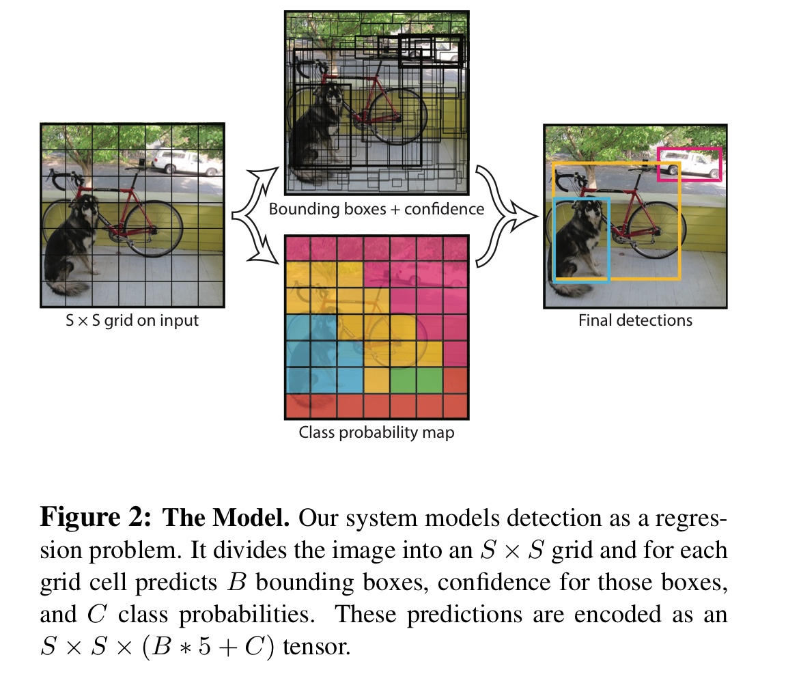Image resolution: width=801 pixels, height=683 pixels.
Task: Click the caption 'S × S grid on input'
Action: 132,320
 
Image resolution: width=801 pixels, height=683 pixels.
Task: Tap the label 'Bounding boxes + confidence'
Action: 376,209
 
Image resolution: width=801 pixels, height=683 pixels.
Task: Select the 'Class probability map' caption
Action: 376,432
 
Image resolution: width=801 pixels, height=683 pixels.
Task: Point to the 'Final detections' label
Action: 635,320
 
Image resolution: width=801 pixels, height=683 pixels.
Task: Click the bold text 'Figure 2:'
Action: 96,518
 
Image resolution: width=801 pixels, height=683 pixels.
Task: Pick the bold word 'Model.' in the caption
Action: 251,518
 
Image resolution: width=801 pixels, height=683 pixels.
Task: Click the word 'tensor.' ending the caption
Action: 317,647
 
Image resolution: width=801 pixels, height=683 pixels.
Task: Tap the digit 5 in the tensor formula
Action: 204,647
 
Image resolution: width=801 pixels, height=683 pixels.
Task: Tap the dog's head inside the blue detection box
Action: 591,211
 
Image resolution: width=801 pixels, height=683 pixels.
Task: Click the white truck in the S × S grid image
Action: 186,163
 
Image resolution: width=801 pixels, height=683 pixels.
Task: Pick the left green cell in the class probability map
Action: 403,380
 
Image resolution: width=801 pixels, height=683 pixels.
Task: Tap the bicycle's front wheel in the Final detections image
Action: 656,230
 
